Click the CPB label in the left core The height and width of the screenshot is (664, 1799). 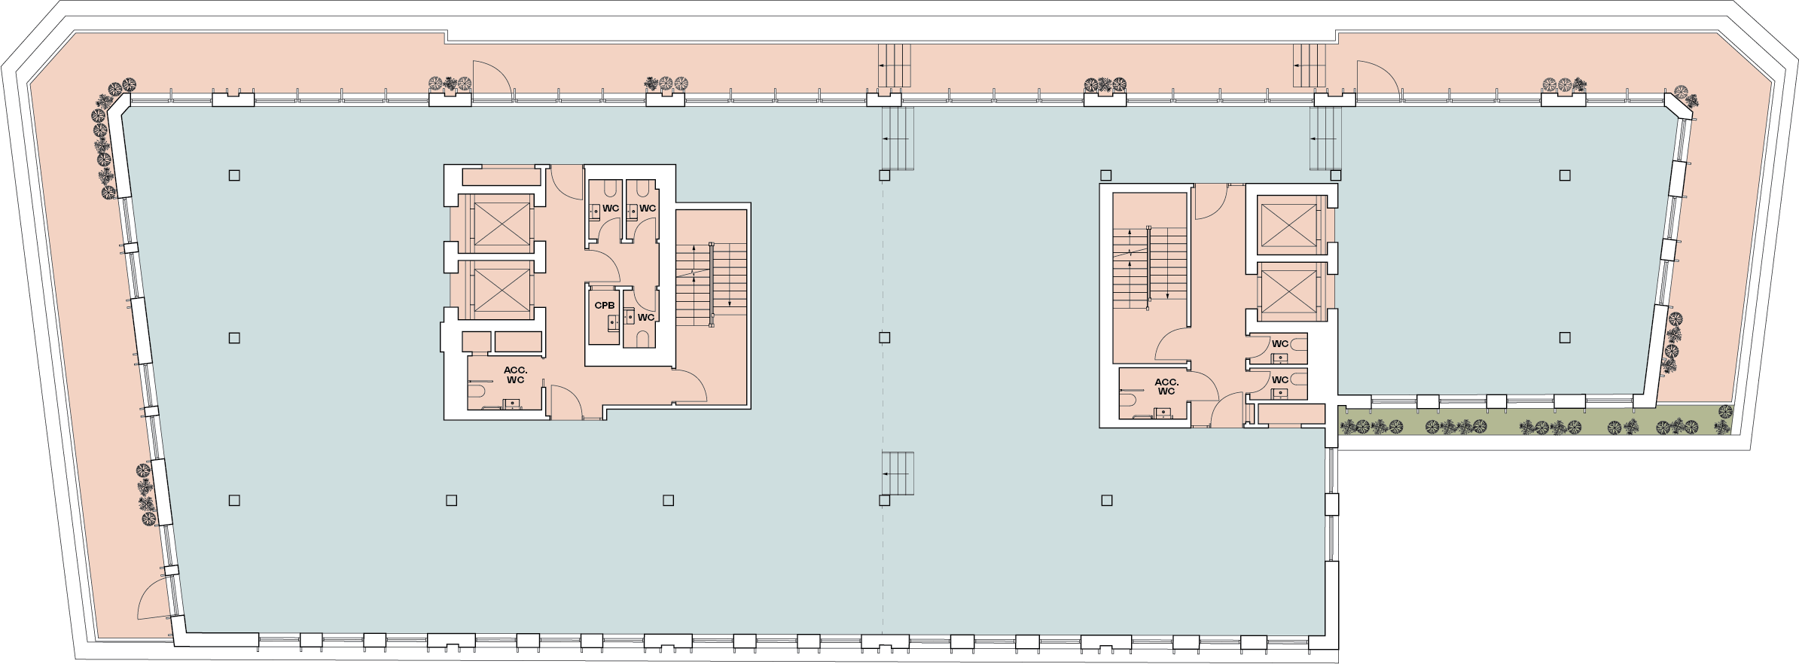click(605, 306)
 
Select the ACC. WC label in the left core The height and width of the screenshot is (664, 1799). click(516, 375)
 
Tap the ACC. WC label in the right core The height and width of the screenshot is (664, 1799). click(1166, 387)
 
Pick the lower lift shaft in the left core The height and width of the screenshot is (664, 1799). click(502, 290)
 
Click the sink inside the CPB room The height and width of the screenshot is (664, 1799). click(612, 322)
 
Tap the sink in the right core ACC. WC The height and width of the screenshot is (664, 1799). click(1163, 413)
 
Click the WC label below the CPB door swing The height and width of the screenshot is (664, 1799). click(646, 318)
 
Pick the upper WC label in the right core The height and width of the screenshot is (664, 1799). click(1280, 344)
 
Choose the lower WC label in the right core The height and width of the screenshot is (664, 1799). click(1280, 380)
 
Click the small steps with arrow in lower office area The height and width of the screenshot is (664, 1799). click(898, 474)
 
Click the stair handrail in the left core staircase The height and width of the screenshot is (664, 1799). click(712, 285)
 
